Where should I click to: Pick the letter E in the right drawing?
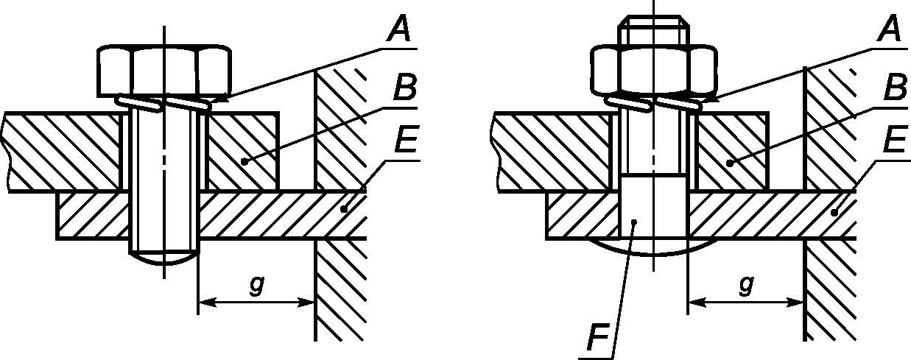896,139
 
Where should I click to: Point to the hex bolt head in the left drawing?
164,72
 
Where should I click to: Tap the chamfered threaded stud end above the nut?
653,30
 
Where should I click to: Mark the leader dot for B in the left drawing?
244,161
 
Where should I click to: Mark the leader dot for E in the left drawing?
344,210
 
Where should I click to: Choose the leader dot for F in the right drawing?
633,222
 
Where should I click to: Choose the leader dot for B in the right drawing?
730,163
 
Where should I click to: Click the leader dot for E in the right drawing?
834,212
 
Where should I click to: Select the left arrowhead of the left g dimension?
208,303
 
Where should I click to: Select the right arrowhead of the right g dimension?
795,303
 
